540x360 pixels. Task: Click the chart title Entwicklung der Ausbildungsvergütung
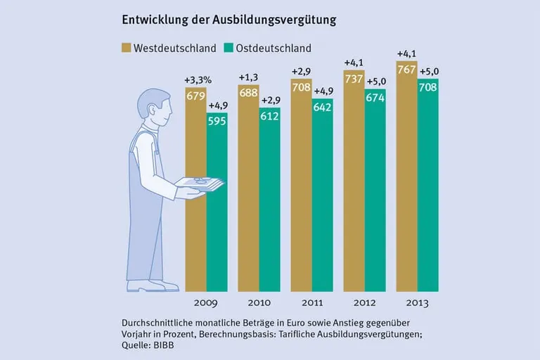point(229,20)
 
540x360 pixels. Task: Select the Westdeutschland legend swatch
point(127,49)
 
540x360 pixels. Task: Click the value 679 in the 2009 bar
point(195,96)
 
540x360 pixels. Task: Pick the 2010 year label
point(259,304)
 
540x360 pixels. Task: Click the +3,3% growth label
point(197,79)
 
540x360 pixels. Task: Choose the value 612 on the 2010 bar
point(269,116)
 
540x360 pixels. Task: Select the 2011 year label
point(311,304)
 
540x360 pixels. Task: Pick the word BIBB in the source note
point(163,345)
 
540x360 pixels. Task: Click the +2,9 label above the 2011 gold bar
point(301,72)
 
